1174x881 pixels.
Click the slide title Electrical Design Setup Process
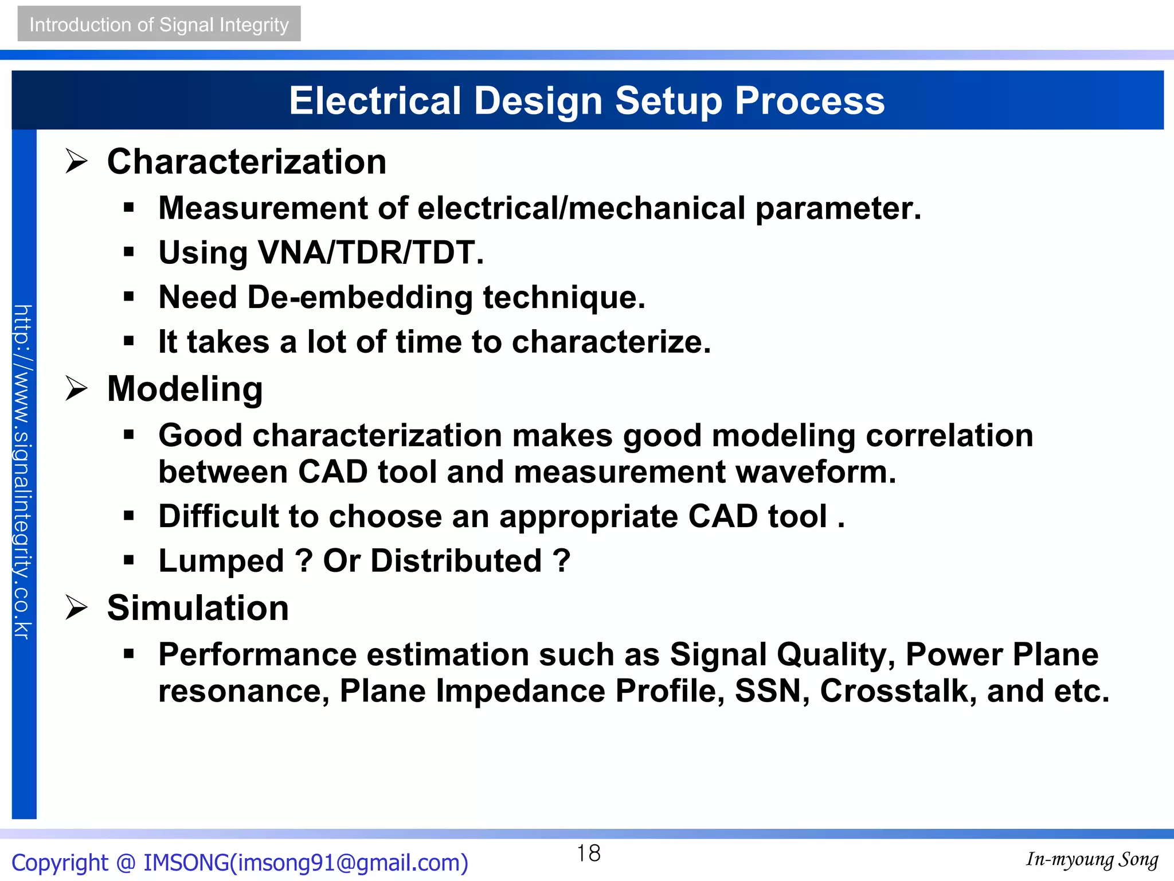point(586,101)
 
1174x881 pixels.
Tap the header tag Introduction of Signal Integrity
point(159,25)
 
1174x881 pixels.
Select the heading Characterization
point(246,162)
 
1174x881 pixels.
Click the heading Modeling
point(185,389)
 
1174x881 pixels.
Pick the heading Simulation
point(198,608)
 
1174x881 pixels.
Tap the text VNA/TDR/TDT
point(371,252)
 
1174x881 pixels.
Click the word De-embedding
point(360,298)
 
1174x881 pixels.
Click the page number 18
point(588,853)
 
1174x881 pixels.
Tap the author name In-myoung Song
point(1091,859)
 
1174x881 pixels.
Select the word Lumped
point(221,561)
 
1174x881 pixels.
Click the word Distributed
point(456,561)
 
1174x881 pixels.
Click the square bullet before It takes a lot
point(128,342)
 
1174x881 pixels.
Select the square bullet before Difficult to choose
point(128,516)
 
